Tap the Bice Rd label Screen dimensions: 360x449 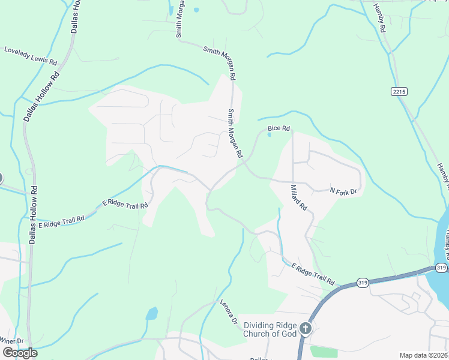click(279, 128)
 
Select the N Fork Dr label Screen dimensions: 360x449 click(344, 191)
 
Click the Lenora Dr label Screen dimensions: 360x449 click(229, 311)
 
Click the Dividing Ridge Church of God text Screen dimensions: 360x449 click(270, 329)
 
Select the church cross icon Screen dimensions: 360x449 click(306, 329)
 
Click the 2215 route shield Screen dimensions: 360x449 click(399, 91)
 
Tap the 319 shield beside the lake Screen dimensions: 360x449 click(441, 268)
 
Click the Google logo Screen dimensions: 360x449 click(19, 352)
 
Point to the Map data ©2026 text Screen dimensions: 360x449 click(423, 355)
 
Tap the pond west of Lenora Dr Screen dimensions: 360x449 click(152, 313)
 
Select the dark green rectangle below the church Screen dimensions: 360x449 click(324, 351)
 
